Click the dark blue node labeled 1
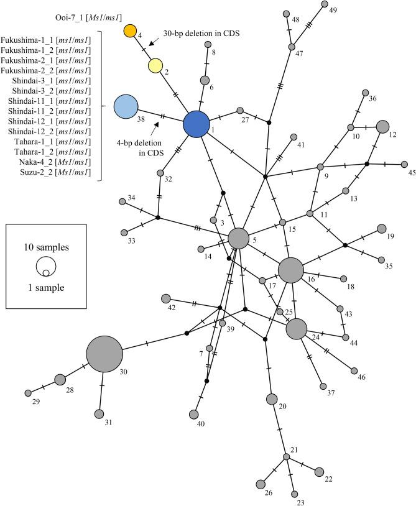click(x=196, y=124)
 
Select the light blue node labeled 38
click(x=126, y=106)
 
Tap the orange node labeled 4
click(x=130, y=30)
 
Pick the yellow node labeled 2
click(x=155, y=65)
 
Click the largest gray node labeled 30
click(x=104, y=354)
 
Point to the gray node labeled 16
click(x=290, y=270)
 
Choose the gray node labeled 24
click(x=297, y=329)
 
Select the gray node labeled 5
click(x=238, y=237)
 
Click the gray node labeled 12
click(x=383, y=126)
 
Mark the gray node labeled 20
click(x=271, y=398)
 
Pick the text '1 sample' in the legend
click(x=44, y=288)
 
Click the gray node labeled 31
click(x=99, y=414)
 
